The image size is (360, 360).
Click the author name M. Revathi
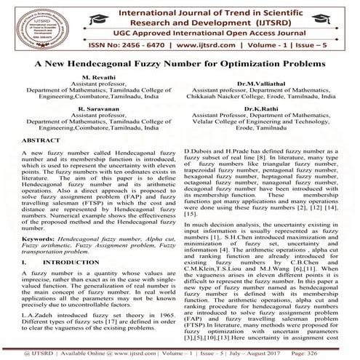[x=97, y=76]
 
